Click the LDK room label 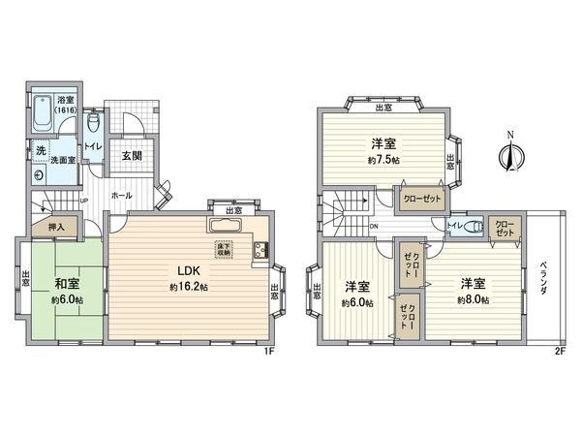[186, 270]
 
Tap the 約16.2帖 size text [186, 288]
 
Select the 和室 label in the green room [66, 283]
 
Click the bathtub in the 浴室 [46, 116]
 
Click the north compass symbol [513, 153]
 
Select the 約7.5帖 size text [382, 161]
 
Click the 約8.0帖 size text [474, 300]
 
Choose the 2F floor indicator [560, 350]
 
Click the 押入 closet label [55, 227]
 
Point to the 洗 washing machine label [41, 151]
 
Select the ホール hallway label [122, 195]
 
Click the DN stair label [375, 229]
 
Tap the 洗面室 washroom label [65, 161]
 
